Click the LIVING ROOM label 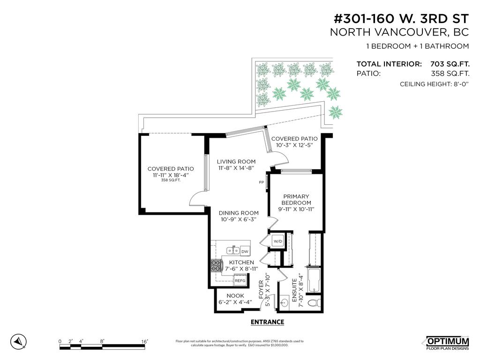pos(236,162)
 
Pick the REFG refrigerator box pos(240,280)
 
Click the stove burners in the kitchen pos(217,267)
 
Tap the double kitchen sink pos(232,250)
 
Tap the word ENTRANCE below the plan pos(267,322)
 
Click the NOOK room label pos(235,296)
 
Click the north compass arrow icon pos(18,341)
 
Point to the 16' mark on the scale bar pos(145,341)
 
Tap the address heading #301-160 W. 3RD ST pos(401,19)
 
